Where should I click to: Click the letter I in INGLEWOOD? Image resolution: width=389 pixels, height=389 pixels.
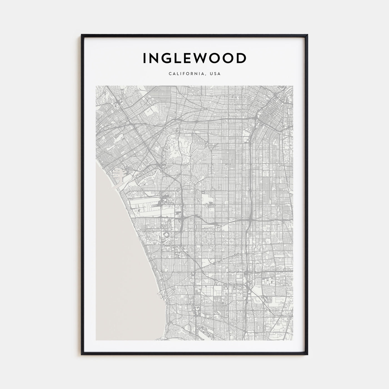click(145, 58)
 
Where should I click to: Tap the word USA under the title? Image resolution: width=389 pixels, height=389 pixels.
click(215, 74)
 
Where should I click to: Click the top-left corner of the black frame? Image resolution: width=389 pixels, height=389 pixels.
click(82, 35)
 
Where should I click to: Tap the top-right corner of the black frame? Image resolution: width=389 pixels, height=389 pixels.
click(307, 35)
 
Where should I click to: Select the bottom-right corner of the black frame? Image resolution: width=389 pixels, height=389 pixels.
click(307, 355)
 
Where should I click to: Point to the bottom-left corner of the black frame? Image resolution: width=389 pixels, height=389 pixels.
click(82, 355)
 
